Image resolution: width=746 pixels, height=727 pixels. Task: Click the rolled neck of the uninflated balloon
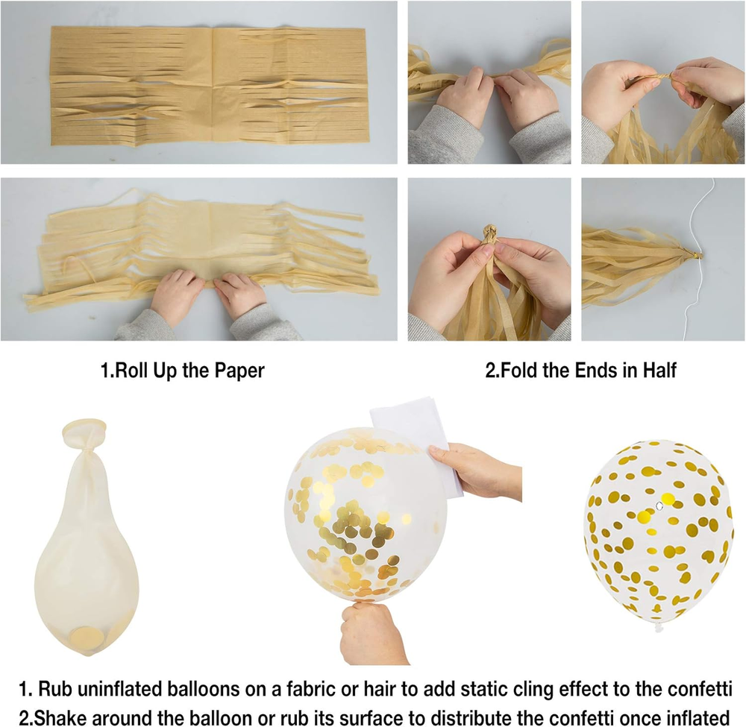tap(84, 428)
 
